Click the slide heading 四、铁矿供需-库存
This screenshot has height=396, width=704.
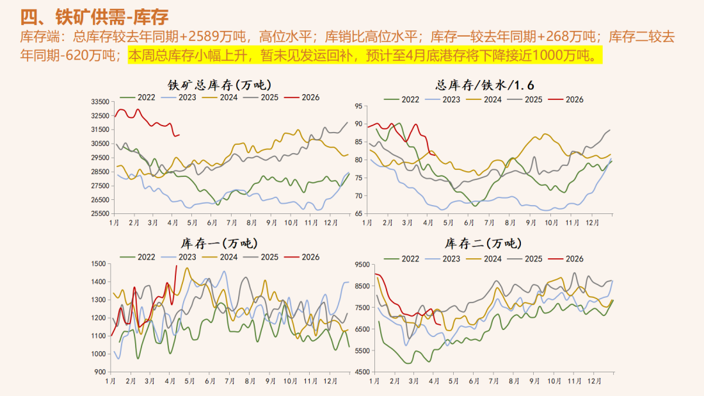click(95, 16)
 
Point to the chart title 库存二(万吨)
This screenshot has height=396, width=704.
click(483, 244)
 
